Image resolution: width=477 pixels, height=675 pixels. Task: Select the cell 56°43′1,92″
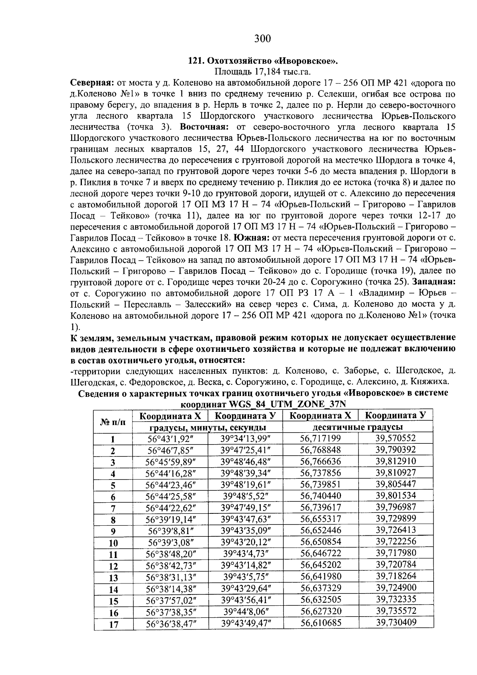(x=171, y=439)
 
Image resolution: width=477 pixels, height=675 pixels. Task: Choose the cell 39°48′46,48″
(x=245, y=462)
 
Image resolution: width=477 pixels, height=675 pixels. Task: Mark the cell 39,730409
(x=396, y=622)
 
